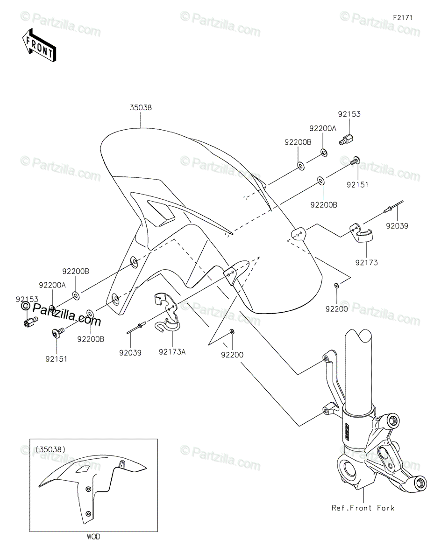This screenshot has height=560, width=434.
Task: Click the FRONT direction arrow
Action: tap(39, 45)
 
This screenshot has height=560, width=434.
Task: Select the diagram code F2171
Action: tap(403, 18)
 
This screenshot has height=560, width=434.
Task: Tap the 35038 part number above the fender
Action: tap(141, 107)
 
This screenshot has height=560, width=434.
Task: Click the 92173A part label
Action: tap(172, 352)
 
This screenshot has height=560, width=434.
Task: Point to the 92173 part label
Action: tap(366, 263)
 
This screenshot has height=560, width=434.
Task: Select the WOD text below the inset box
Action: tap(93, 537)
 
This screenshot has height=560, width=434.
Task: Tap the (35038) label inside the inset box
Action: tap(50, 449)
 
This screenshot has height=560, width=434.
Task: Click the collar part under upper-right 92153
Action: tap(347, 140)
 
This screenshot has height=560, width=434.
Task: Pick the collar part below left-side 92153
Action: tap(31, 322)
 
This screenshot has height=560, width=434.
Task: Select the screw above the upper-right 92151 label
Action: tap(355, 161)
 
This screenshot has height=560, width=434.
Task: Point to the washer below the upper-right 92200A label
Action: tap(323, 153)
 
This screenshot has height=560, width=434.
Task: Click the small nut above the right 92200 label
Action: tap(336, 285)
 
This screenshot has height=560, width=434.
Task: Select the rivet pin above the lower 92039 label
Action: tap(137, 327)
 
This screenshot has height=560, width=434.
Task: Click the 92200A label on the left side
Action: tap(52, 285)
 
